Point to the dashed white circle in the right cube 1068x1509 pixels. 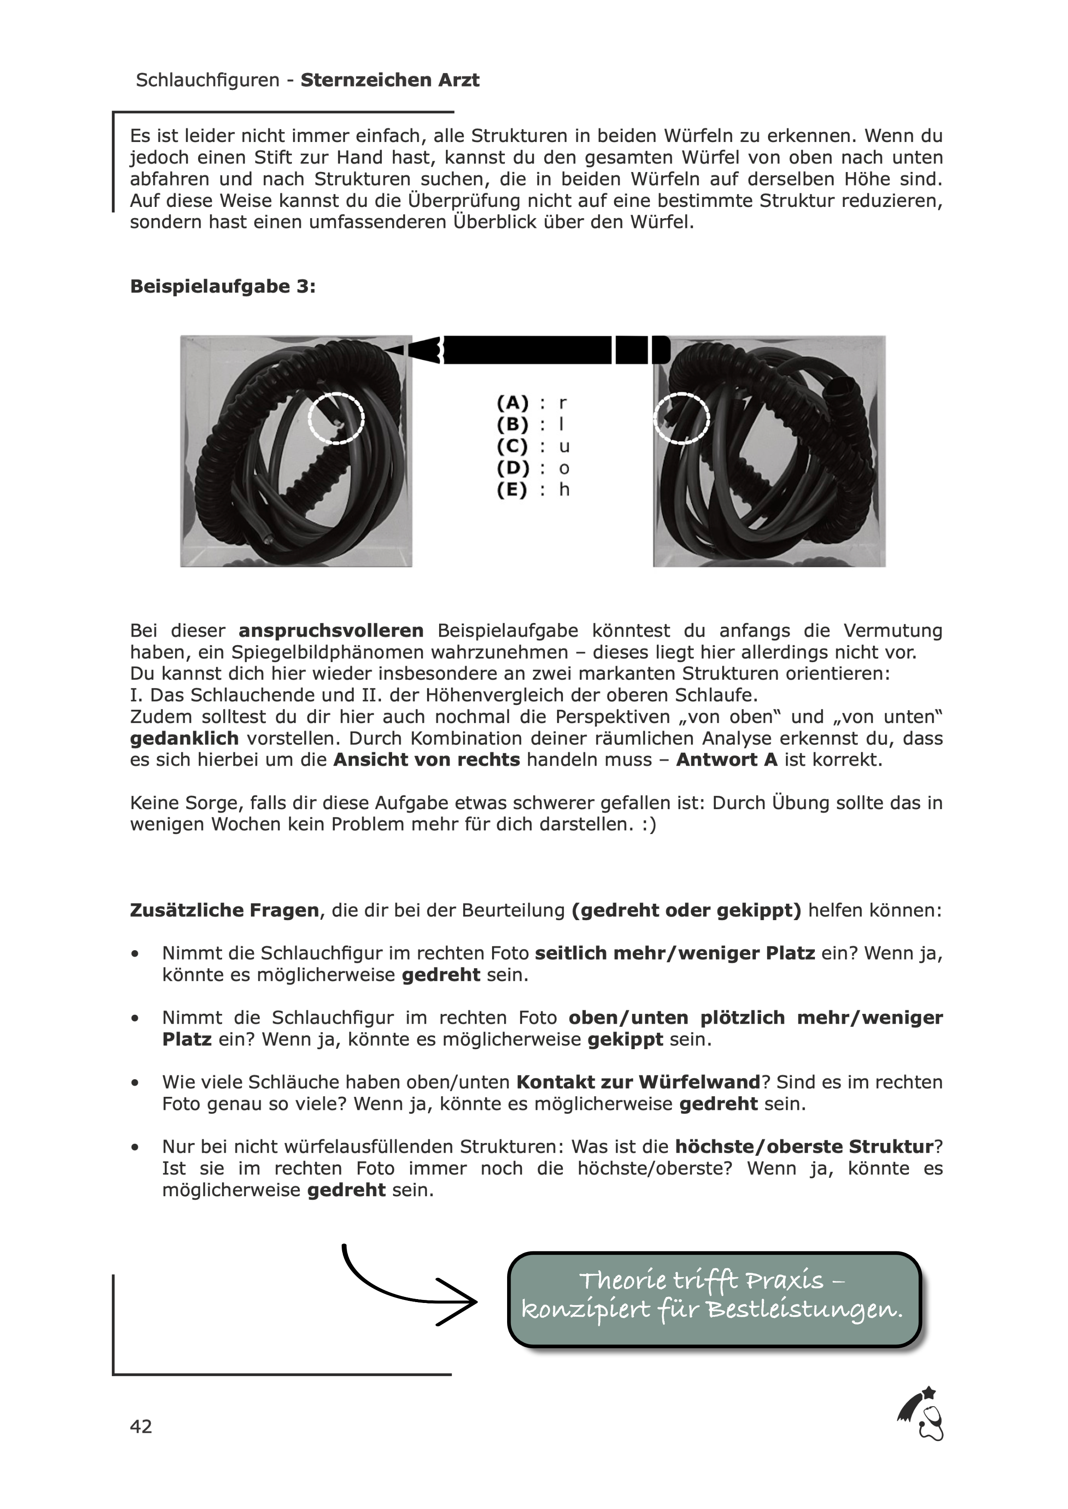click(682, 418)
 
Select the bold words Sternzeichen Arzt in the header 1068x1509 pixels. click(390, 80)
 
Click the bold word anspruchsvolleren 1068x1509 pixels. click(331, 631)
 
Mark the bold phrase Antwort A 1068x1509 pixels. click(727, 760)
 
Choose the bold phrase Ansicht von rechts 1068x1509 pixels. click(427, 760)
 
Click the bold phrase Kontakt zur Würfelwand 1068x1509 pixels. click(638, 1082)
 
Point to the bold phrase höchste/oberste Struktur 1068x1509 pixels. click(804, 1147)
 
